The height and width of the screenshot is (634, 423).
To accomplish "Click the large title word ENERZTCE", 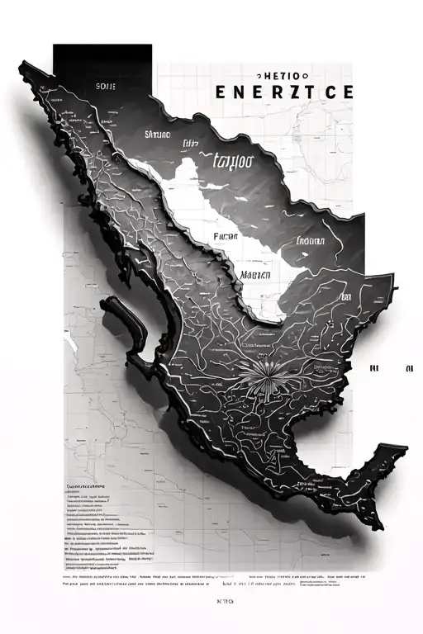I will (x=283, y=92).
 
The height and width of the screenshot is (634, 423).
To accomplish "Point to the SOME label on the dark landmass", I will (x=106, y=85).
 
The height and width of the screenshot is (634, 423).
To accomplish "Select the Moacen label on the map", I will (x=257, y=275).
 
